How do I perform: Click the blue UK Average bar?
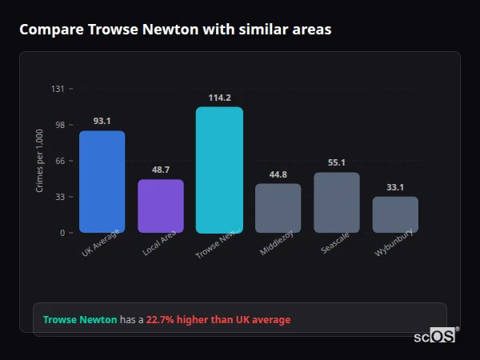pyautogui.click(x=102, y=182)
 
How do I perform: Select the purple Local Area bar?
pyautogui.click(x=160, y=206)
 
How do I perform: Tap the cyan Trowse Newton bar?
pyautogui.click(x=219, y=170)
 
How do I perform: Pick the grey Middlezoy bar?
pyautogui.click(x=278, y=208)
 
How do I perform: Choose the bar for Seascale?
pyautogui.click(x=337, y=202)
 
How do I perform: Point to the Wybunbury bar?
pyautogui.click(x=395, y=214)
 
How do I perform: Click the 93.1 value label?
pyautogui.click(x=102, y=122)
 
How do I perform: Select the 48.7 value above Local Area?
pyautogui.click(x=160, y=170)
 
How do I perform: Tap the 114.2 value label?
pyautogui.click(x=219, y=98)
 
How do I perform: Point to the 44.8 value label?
pyautogui.click(x=278, y=174)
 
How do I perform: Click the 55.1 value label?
pyautogui.click(x=337, y=163)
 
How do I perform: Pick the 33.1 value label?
pyautogui.click(x=395, y=187)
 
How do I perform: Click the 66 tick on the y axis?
pyautogui.click(x=60, y=161)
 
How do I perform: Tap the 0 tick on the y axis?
pyautogui.click(x=62, y=233)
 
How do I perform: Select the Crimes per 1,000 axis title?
pyautogui.click(x=40, y=160)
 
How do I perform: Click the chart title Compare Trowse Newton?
pyautogui.click(x=175, y=30)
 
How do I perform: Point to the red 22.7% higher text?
pyautogui.click(x=218, y=320)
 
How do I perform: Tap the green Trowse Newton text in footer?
pyautogui.click(x=80, y=320)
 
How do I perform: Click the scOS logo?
pyautogui.click(x=435, y=336)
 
